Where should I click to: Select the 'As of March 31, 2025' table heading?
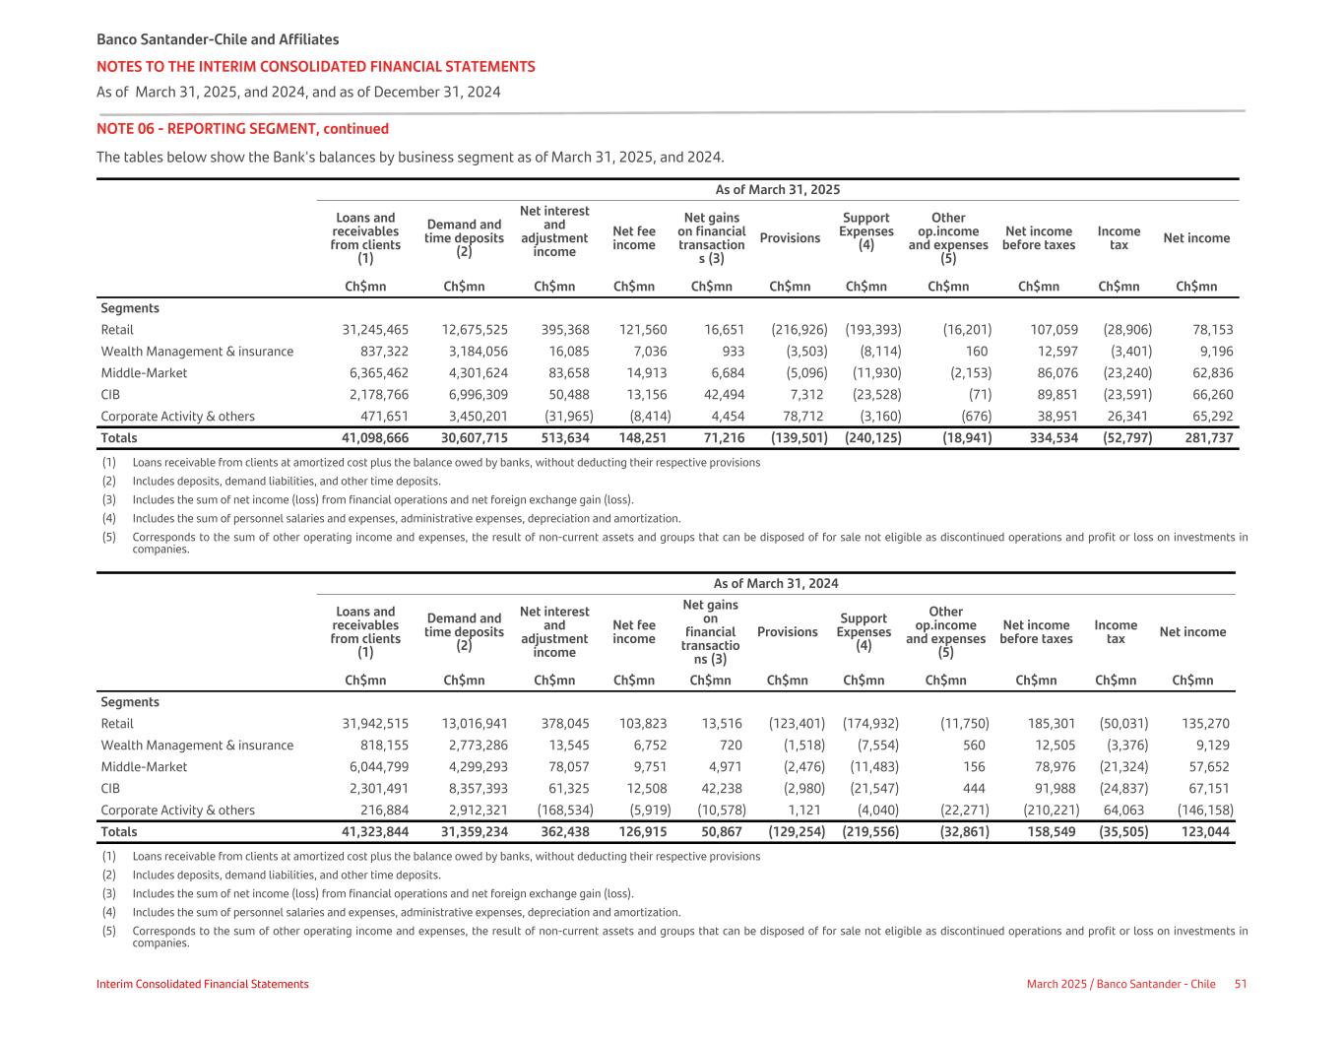(777, 190)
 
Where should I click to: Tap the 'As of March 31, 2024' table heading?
(776, 584)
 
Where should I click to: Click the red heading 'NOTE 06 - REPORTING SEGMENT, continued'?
(242, 129)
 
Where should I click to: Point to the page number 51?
(1241, 984)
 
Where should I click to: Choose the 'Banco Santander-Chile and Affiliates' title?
(218, 39)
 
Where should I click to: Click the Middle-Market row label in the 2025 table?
(144, 373)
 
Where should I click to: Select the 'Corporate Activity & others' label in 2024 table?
(177, 811)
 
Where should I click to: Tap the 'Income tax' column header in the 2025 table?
(1119, 238)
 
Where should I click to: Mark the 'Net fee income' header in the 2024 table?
(633, 632)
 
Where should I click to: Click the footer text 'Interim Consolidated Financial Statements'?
(203, 984)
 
